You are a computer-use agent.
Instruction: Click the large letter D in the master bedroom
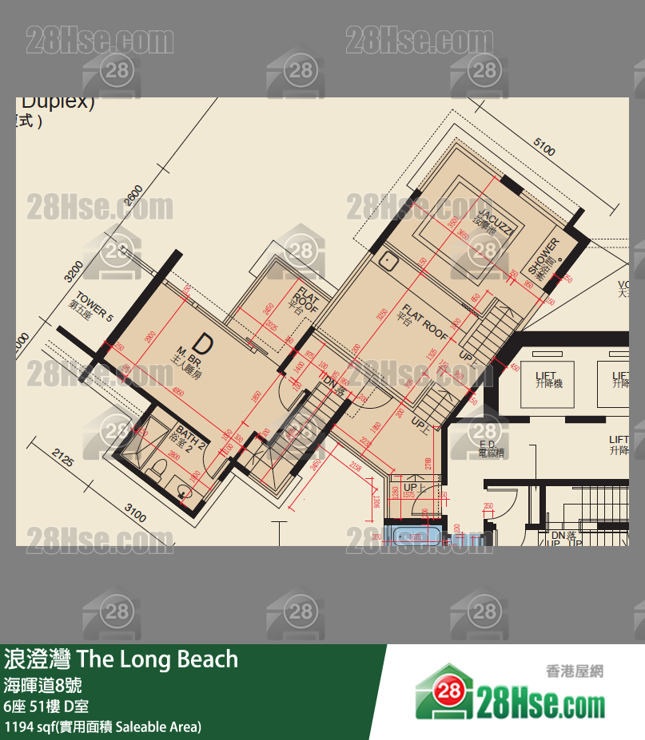[x=204, y=344]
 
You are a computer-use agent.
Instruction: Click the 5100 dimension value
[x=543, y=148]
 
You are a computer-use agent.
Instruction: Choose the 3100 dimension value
[x=134, y=513]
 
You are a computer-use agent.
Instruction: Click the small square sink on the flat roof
[x=389, y=260]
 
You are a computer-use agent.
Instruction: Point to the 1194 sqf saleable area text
[x=103, y=726]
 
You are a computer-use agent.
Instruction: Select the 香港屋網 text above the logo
[x=574, y=671]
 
